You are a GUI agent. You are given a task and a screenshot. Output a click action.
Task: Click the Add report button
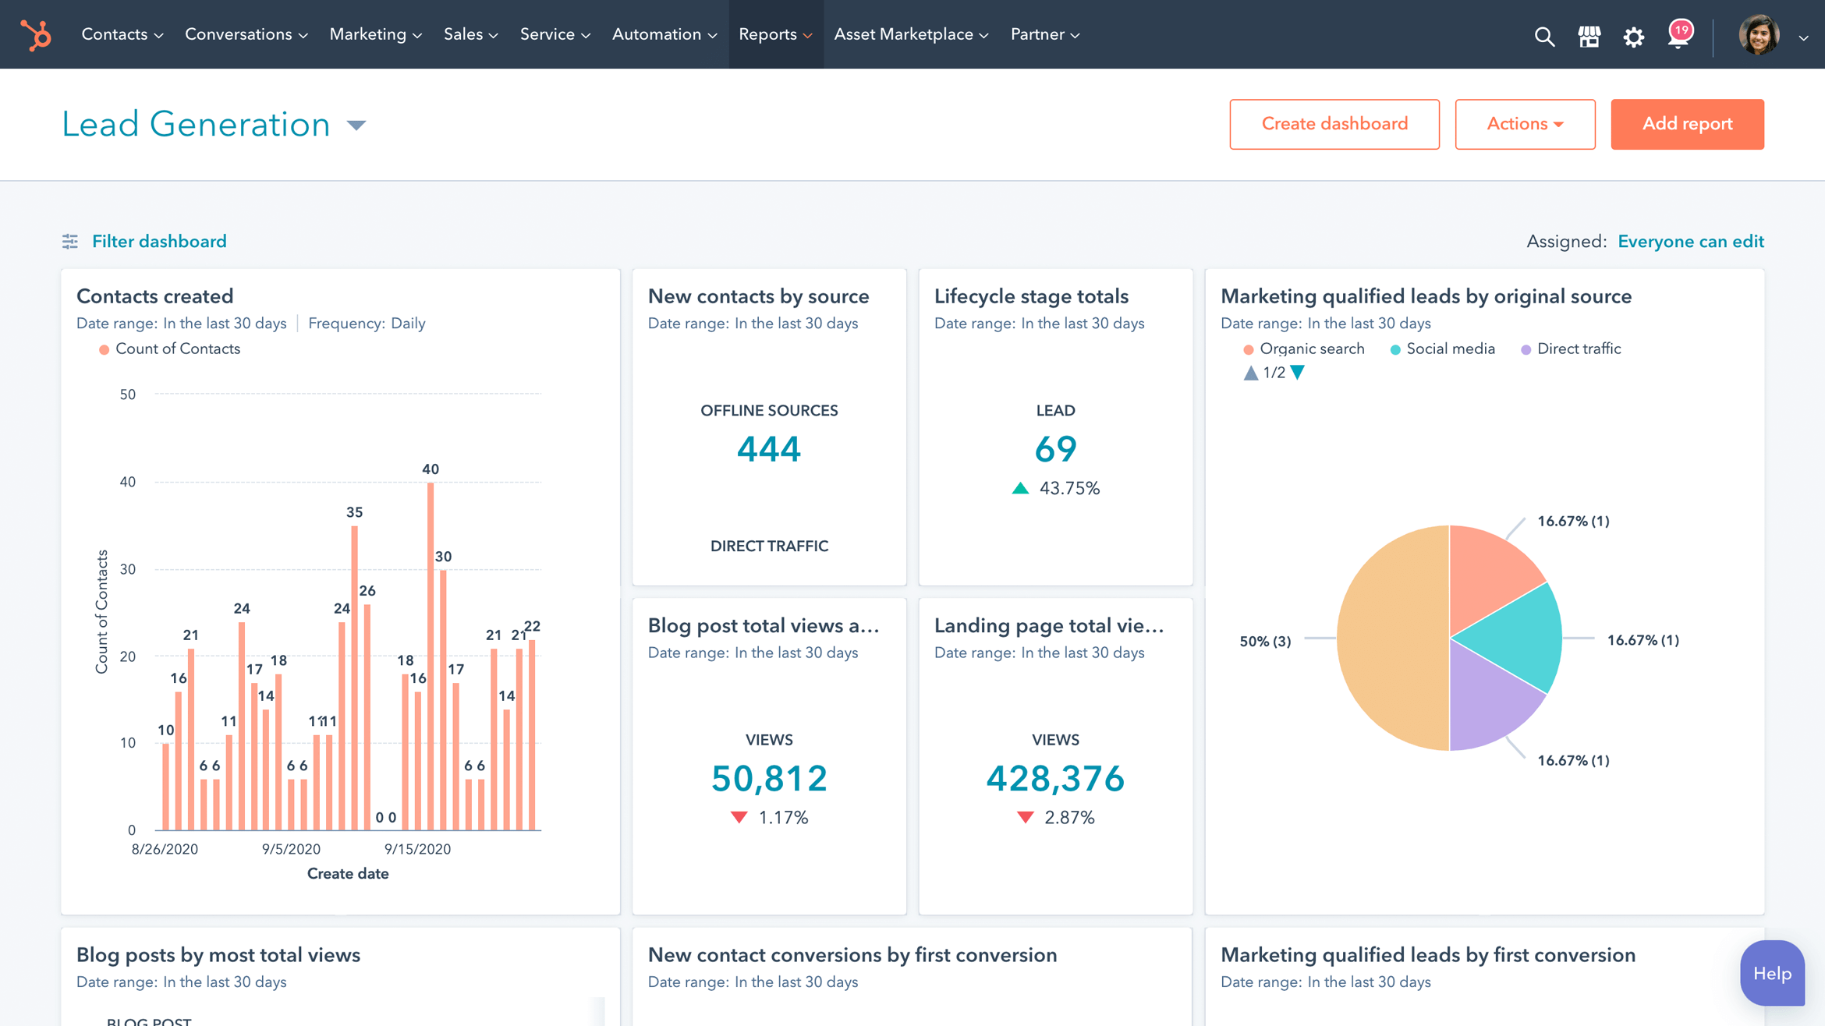[1686, 124]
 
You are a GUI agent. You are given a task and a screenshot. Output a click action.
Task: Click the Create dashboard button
[1334, 124]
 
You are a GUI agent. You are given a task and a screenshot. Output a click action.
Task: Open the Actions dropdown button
[1524, 124]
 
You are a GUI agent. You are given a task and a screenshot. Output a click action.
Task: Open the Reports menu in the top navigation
[775, 34]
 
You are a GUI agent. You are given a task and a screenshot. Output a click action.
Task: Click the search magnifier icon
[1543, 37]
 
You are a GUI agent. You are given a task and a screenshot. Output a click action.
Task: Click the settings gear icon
[1633, 37]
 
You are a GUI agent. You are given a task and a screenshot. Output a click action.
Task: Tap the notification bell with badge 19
[1678, 35]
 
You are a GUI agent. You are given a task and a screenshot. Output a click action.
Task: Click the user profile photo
[1758, 35]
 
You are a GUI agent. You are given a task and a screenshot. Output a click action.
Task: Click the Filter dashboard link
[159, 242]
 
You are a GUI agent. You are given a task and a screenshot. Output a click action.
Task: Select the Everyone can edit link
[1690, 242]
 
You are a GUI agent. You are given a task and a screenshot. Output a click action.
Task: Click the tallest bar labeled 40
[431, 655]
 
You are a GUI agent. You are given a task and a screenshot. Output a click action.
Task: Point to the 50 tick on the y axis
[128, 394]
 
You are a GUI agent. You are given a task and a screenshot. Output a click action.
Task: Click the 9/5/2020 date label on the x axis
[291, 849]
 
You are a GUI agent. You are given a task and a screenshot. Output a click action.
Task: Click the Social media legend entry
[1449, 349]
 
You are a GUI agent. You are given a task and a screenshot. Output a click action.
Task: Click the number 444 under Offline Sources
[768, 449]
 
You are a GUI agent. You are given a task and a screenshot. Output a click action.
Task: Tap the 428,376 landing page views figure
[1054, 778]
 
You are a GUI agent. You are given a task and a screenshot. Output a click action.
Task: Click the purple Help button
[1771, 973]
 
